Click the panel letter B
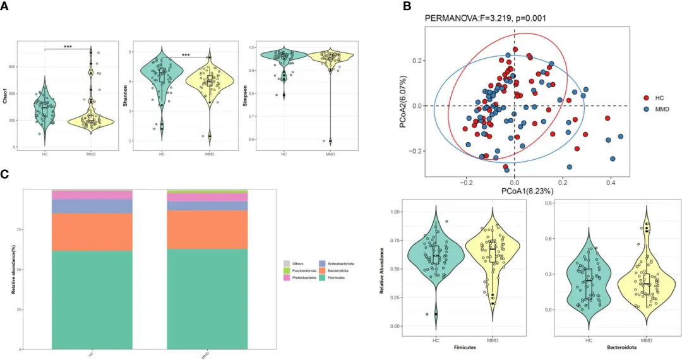(x=407, y=6)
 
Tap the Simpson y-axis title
(x=241, y=97)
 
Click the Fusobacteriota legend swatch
(x=286, y=271)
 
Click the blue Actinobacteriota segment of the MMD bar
(x=207, y=205)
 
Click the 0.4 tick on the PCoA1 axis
(x=611, y=181)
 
